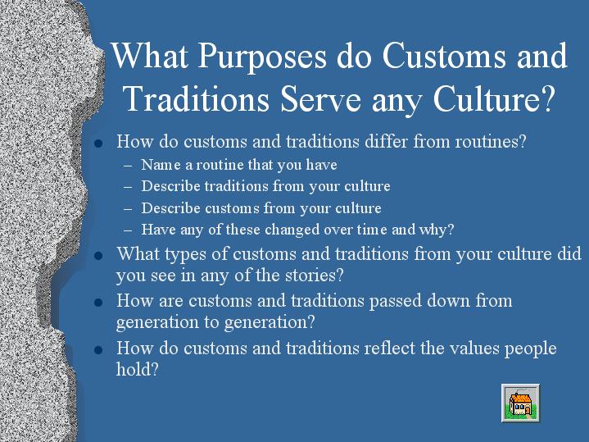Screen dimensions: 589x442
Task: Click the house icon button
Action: pyautogui.click(x=521, y=403)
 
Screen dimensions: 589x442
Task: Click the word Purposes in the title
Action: pyautogui.click(x=262, y=57)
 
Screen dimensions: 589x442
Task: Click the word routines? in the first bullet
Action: pyautogui.click(x=491, y=141)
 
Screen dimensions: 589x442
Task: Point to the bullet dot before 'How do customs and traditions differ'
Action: pyautogui.click(x=98, y=144)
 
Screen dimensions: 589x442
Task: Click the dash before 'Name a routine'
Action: pyautogui.click(x=127, y=166)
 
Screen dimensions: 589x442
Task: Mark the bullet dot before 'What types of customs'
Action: pyautogui.click(x=98, y=256)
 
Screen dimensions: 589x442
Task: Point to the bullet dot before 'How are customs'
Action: pyautogui.click(x=98, y=303)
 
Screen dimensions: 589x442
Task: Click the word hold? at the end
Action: pyautogui.click(x=138, y=369)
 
